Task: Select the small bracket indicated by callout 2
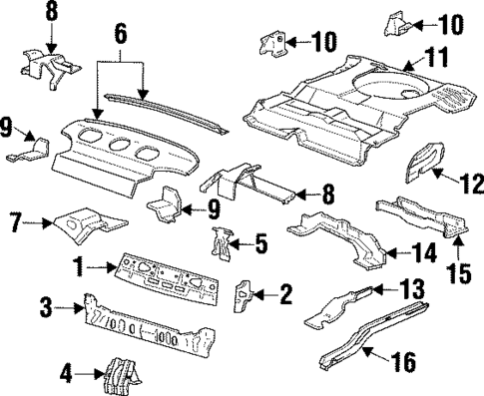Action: point(242,294)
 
